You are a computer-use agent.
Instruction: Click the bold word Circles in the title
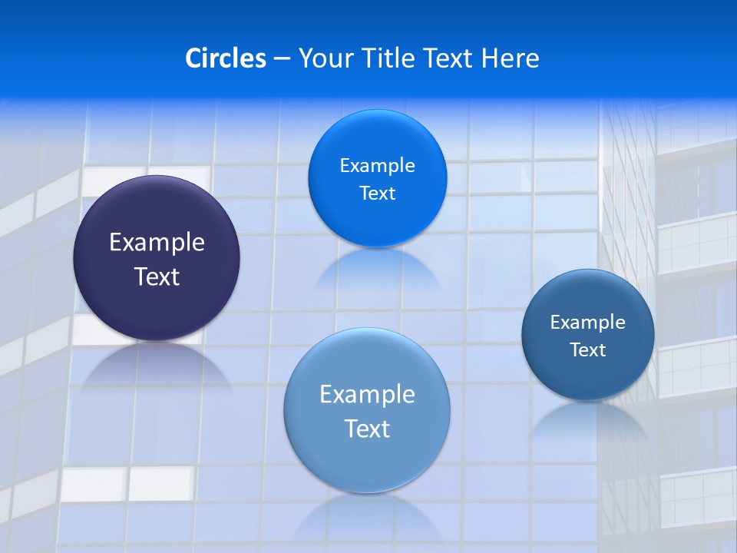tap(225, 58)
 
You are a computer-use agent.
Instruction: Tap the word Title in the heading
tap(388, 58)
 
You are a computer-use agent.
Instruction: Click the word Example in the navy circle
tap(157, 243)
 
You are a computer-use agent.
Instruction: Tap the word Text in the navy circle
tap(157, 276)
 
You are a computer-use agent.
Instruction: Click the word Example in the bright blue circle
tap(377, 166)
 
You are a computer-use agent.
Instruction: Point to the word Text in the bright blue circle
tap(377, 194)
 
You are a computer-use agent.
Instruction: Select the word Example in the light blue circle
tap(367, 395)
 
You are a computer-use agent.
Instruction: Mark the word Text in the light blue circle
tap(367, 429)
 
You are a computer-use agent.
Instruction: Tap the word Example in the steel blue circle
tap(587, 323)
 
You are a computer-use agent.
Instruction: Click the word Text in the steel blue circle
tap(587, 350)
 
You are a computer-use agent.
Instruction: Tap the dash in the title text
tap(282, 58)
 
